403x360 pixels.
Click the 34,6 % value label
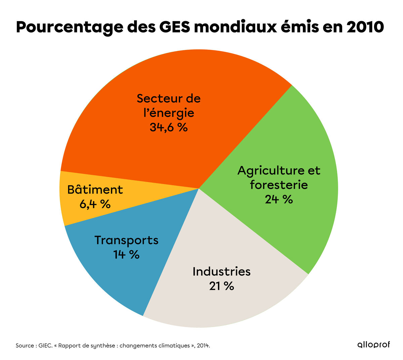[169, 128]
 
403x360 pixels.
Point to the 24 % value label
[279, 200]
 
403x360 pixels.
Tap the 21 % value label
[221, 286]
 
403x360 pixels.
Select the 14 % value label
[126, 255]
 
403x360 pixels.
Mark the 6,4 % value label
[95, 204]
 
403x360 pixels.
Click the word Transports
[126, 240]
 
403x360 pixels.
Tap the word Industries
[221, 271]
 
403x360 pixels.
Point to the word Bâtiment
[95, 190]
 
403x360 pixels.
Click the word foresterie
[279, 185]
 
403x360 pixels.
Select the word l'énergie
[169, 113]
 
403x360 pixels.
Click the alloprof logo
[373, 345]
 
